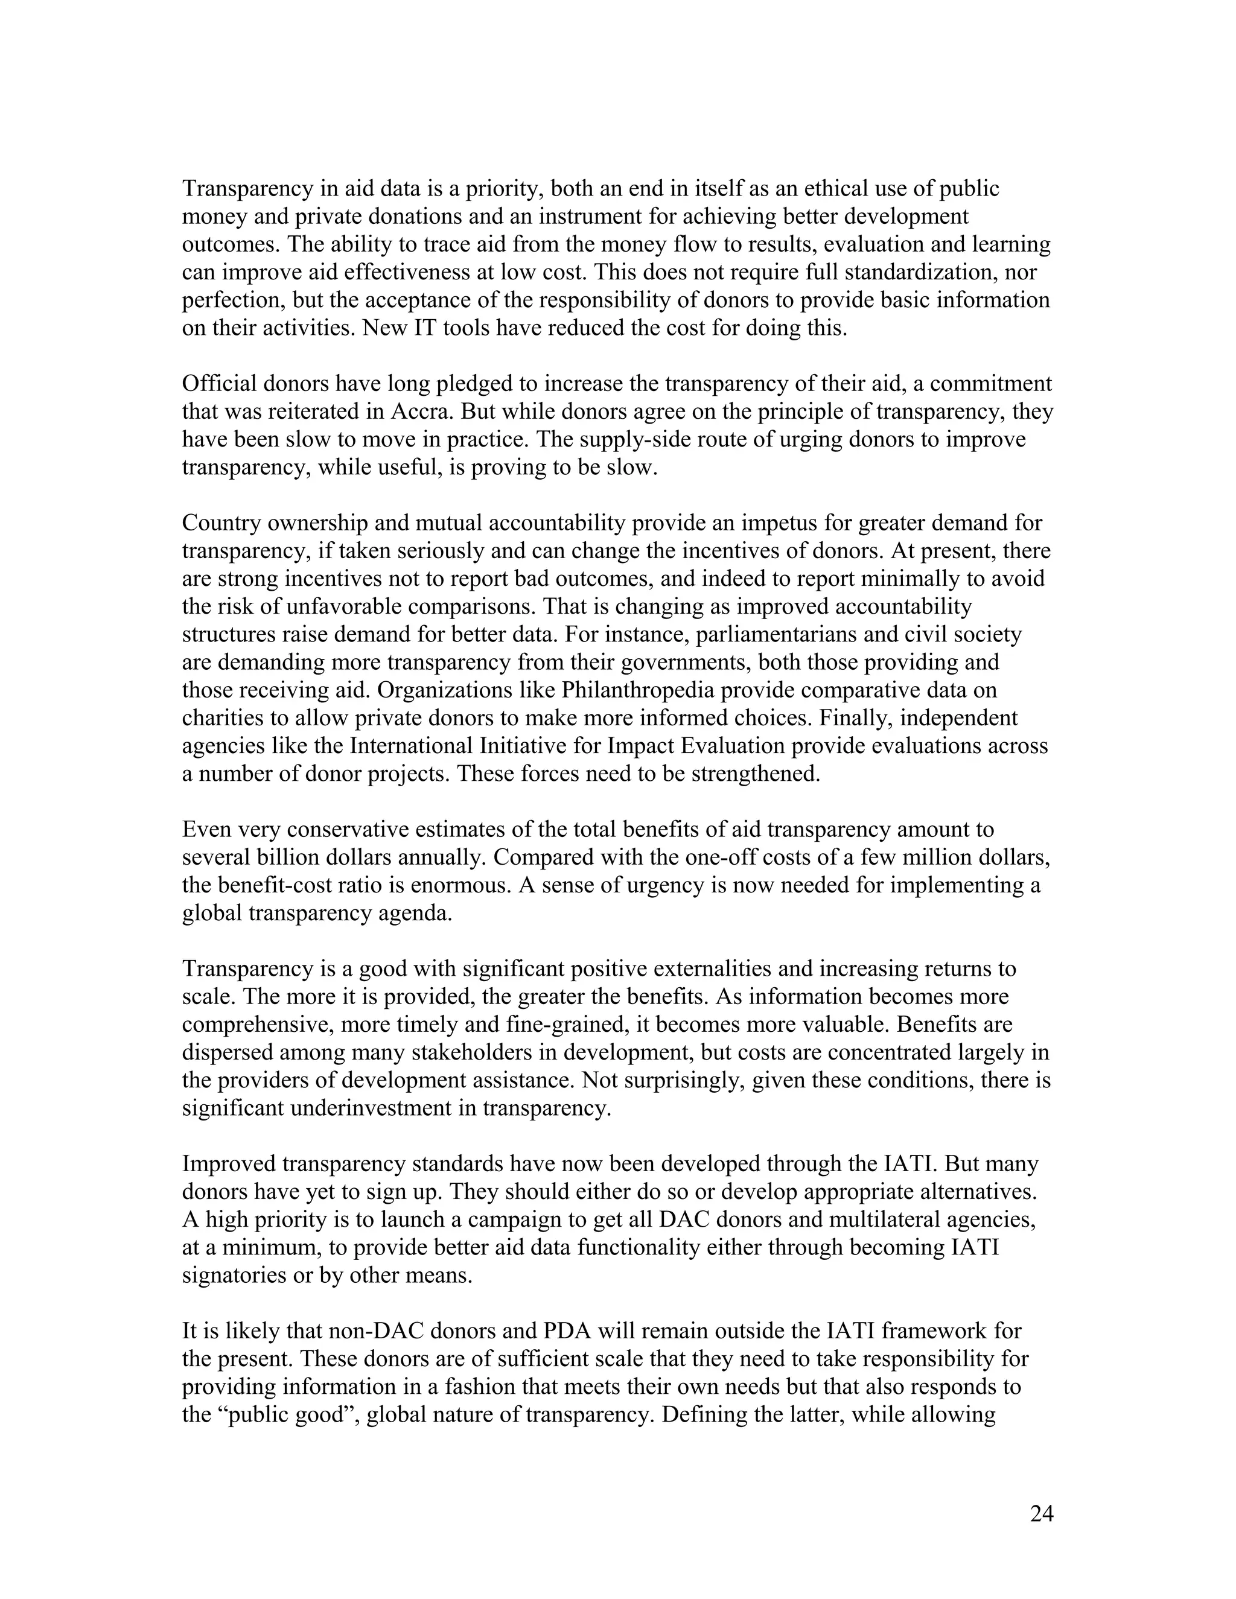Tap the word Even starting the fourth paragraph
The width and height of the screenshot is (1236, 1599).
point(206,830)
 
